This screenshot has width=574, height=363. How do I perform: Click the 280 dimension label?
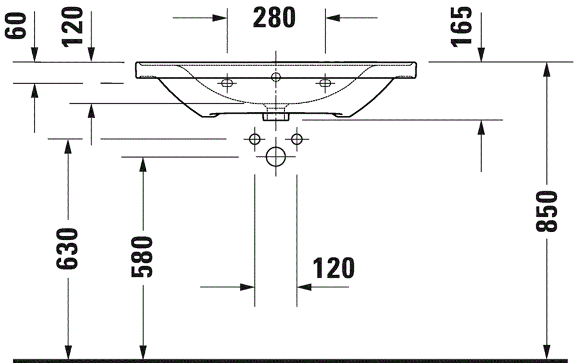pyautogui.click(x=274, y=18)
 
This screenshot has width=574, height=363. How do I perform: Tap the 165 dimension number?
pyautogui.click(x=464, y=25)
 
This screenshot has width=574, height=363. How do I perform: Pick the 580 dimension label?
pyautogui.click(x=142, y=256)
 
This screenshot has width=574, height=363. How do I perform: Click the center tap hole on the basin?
pyautogui.click(x=276, y=77)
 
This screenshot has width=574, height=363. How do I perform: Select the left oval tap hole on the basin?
pyautogui.click(x=228, y=84)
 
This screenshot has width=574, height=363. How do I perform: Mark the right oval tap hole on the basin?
pyautogui.click(x=325, y=84)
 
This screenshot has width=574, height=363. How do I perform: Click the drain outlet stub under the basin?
pyautogui.click(x=276, y=114)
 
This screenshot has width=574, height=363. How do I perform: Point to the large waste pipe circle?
pyautogui.click(x=276, y=155)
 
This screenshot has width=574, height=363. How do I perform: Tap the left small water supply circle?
pyautogui.click(x=255, y=139)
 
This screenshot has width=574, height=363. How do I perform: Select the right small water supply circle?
pyautogui.click(x=297, y=139)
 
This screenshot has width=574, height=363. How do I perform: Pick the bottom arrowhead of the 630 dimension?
pyautogui.click(x=68, y=351)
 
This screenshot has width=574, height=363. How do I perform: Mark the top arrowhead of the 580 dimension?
pyautogui.click(x=142, y=163)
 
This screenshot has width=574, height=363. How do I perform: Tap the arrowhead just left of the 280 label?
pyautogui.click(x=220, y=18)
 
